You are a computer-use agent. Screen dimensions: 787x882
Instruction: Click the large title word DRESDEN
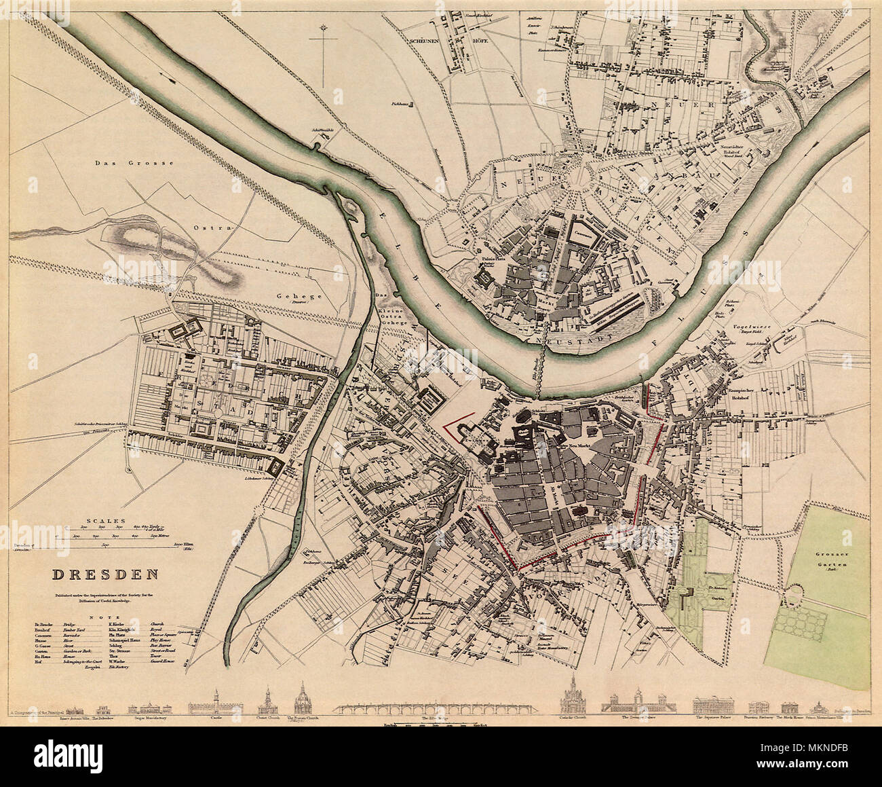[106, 574]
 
